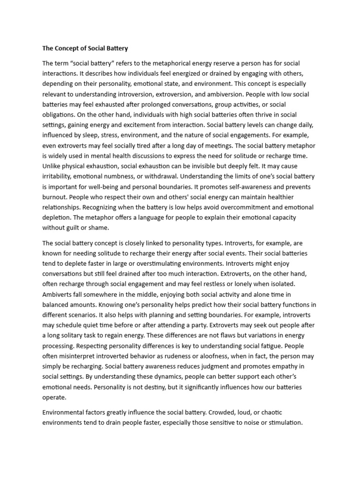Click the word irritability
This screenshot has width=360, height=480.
tap(59, 176)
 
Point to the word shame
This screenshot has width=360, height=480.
tap(98, 228)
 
